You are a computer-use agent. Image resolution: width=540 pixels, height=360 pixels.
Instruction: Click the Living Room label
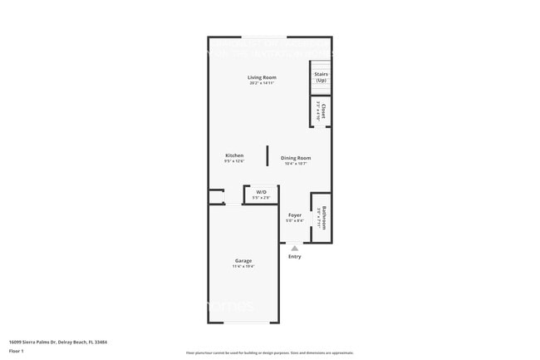click(x=262, y=77)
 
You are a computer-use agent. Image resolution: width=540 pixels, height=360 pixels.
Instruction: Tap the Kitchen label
click(x=234, y=155)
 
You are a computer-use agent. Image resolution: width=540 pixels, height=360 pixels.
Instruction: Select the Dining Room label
click(x=296, y=157)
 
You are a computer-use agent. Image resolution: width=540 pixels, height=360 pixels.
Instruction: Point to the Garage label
click(x=243, y=260)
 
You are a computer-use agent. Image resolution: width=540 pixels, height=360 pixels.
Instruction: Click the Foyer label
click(x=294, y=215)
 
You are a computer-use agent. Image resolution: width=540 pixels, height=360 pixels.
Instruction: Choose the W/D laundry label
click(x=261, y=192)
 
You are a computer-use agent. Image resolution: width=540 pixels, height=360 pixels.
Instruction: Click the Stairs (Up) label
click(x=321, y=76)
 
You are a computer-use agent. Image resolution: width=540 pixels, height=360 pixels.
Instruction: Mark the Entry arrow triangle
click(x=294, y=248)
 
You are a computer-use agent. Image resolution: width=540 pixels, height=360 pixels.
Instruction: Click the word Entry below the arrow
click(x=294, y=256)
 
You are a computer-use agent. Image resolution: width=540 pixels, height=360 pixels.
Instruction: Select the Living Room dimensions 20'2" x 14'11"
click(x=262, y=83)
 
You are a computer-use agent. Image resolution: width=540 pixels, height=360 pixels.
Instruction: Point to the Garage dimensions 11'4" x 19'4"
click(x=243, y=266)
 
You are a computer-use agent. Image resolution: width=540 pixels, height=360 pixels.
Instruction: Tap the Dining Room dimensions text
click(x=296, y=163)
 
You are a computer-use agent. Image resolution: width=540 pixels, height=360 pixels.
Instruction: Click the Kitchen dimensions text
click(x=234, y=161)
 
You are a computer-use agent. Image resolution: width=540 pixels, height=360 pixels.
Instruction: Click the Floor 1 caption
click(x=16, y=351)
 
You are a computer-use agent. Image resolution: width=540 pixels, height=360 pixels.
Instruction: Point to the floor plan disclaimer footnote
click(x=269, y=353)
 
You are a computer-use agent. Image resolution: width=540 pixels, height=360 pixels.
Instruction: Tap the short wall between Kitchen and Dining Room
click(x=267, y=156)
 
